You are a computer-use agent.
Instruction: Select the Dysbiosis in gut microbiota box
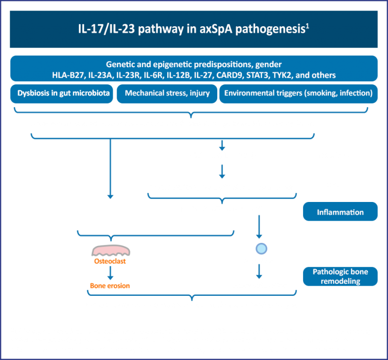coord(61,93)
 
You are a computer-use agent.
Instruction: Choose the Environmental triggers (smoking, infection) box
coord(298,93)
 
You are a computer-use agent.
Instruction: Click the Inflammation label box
coord(340,212)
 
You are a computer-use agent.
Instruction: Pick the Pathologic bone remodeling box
coord(340,276)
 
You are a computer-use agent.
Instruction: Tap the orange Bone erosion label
coord(110,286)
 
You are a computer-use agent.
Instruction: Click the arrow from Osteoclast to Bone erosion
coord(110,273)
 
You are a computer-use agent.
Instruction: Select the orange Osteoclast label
coord(110,262)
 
